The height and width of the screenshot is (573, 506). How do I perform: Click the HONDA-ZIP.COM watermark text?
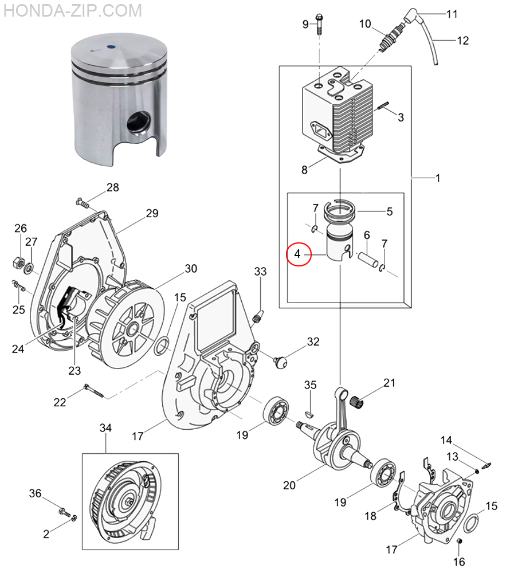pos(73,10)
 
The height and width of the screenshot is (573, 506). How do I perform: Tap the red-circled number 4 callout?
pos(299,254)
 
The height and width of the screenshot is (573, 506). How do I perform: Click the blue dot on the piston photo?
pos(111,47)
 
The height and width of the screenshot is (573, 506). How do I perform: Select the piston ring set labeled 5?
pos(340,211)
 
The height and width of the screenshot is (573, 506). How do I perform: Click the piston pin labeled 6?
pos(368,260)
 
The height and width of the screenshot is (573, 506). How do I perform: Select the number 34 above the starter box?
pos(105,427)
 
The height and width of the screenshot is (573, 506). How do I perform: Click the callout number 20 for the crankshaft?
pos(289,485)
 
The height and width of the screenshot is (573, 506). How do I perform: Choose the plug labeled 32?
pos(280,362)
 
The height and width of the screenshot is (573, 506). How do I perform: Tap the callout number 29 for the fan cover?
pos(152,213)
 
